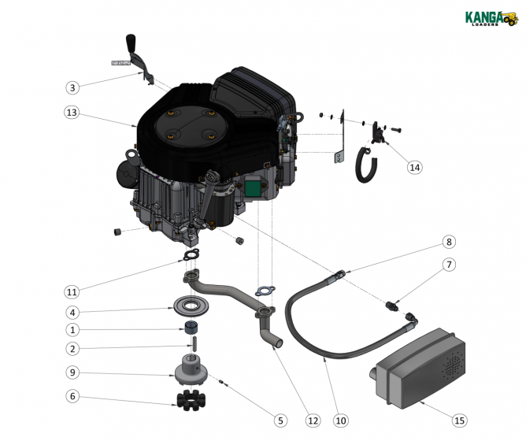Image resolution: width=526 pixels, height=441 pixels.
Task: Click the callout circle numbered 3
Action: (72, 87)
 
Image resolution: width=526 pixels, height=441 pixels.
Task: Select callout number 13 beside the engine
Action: (72, 113)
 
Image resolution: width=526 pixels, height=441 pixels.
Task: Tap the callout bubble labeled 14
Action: (414, 167)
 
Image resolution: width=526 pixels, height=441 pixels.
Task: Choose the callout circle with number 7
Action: (449, 265)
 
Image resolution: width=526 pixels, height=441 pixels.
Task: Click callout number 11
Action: (72, 291)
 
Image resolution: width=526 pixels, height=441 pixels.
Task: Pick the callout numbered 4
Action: (72, 312)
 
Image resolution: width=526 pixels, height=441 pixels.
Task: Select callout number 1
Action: (72, 330)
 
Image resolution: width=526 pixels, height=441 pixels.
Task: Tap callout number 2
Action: (72, 349)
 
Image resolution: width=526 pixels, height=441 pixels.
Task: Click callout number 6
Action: (72, 397)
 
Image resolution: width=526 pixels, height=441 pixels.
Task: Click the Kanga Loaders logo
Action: (488, 17)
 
